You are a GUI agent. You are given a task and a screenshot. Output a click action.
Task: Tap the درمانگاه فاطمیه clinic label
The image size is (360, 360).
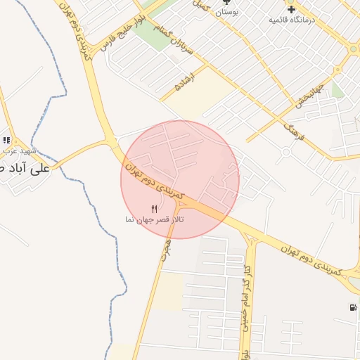(x=290, y=20)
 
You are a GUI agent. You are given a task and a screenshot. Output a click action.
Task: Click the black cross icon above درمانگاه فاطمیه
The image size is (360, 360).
(x=291, y=9)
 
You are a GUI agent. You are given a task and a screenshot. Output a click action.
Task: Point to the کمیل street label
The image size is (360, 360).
(x=202, y=5)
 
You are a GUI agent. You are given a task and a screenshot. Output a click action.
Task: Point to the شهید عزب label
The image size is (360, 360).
(x=18, y=150)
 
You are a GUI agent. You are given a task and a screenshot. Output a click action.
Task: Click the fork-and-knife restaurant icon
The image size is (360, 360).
(x=155, y=208)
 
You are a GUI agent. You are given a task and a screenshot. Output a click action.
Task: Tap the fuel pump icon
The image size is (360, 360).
(x=352, y=307)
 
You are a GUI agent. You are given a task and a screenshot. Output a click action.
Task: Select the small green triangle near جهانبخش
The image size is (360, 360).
(x=337, y=89)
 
